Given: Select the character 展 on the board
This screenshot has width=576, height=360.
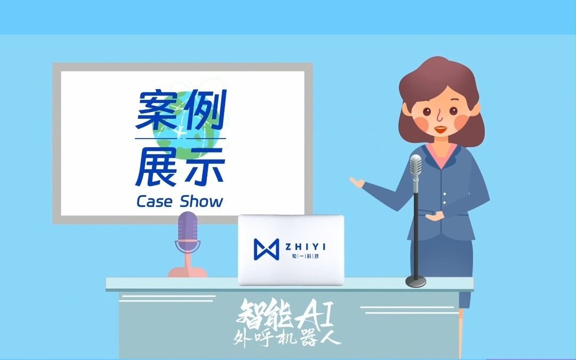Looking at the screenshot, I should tap(156, 166).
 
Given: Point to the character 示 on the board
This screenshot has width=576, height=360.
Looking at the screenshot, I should tap(203, 166).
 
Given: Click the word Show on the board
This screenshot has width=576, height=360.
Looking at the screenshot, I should tap(201, 202).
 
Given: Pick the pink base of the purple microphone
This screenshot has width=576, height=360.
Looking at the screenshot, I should tap(187, 270).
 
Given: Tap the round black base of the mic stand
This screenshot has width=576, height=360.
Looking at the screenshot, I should tap(415, 281).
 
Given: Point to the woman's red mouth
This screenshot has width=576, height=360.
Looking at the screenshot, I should tap(441, 129).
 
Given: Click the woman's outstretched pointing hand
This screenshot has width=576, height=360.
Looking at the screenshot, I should tap(356, 182).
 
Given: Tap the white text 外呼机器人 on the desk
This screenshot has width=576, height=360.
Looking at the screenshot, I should tap(287, 338).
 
